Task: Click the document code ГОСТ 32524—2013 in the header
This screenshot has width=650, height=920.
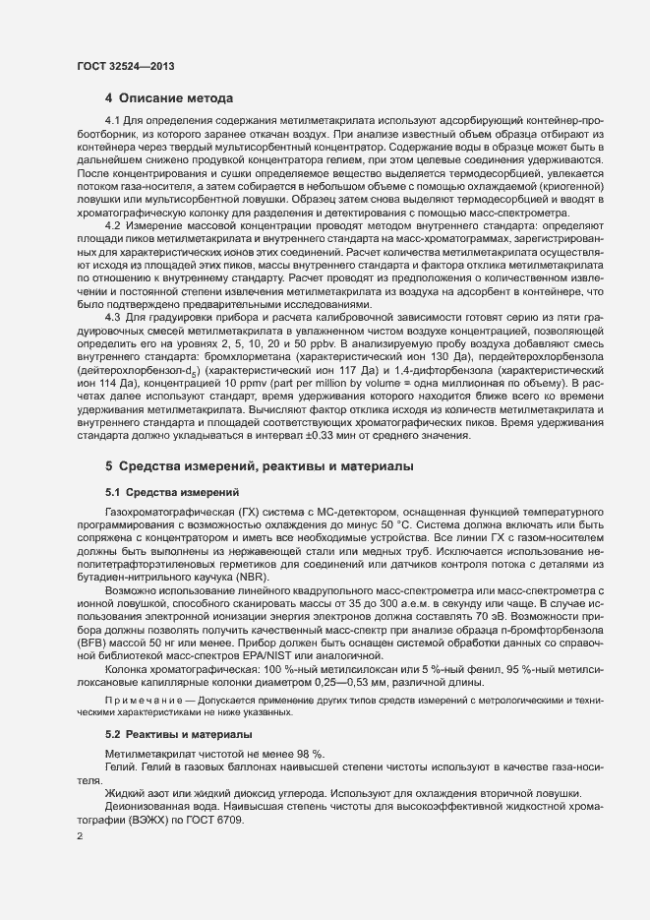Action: coord(127,66)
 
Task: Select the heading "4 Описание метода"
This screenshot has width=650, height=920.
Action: coord(169,98)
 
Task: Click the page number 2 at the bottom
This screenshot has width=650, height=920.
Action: coord(80,837)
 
